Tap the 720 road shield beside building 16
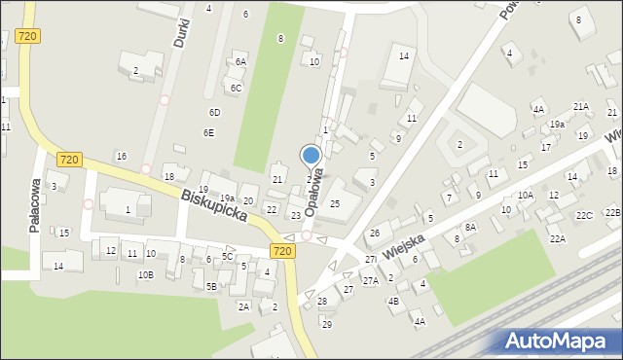[x=68, y=159]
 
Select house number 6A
[x=240, y=61]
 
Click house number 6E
[x=208, y=133]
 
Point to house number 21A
[x=581, y=107]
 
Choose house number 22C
[x=583, y=216]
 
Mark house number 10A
[x=526, y=196]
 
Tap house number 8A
[x=470, y=227]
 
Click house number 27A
[x=370, y=280]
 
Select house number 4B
[x=393, y=302]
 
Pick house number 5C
[x=227, y=257]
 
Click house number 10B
[x=145, y=275]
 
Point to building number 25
[x=335, y=203]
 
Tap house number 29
[x=327, y=324]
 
